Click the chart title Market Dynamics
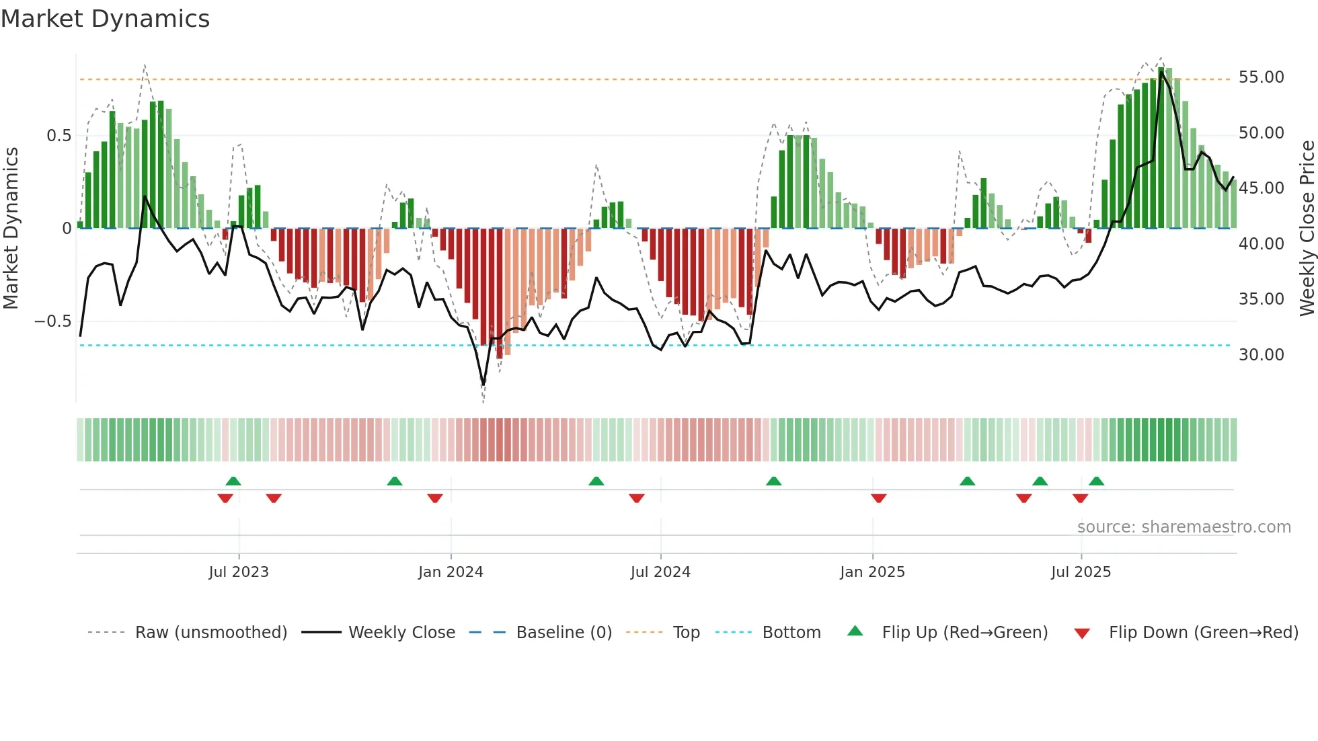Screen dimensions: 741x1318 (x=105, y=19)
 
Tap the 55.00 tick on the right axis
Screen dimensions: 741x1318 (x=1261, y=77)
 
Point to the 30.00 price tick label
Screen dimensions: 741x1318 (x=1261, y=355)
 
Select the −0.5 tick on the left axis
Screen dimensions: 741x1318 (x=52, y=321)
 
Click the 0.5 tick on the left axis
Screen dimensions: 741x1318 (x=59, y=136)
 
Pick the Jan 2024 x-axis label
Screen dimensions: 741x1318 (x=451, y=572)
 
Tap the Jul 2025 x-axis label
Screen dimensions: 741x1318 (x=1081, y=572)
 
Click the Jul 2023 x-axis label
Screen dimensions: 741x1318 (x=239, y=572)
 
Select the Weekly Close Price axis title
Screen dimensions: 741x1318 (x=1307, y=229)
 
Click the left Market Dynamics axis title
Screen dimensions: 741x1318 (x=11, y=229)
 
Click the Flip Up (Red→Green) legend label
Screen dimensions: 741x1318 (x=964, y=633)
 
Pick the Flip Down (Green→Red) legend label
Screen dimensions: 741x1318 (x=1203, y=633)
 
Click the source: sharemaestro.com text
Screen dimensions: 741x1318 (x=1184, y=527)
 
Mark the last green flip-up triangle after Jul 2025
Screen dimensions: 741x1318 (x=1096, y=481)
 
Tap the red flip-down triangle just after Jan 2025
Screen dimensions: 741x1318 (x=878, y=498)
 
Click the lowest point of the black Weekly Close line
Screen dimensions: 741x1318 (x=483, y=385)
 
